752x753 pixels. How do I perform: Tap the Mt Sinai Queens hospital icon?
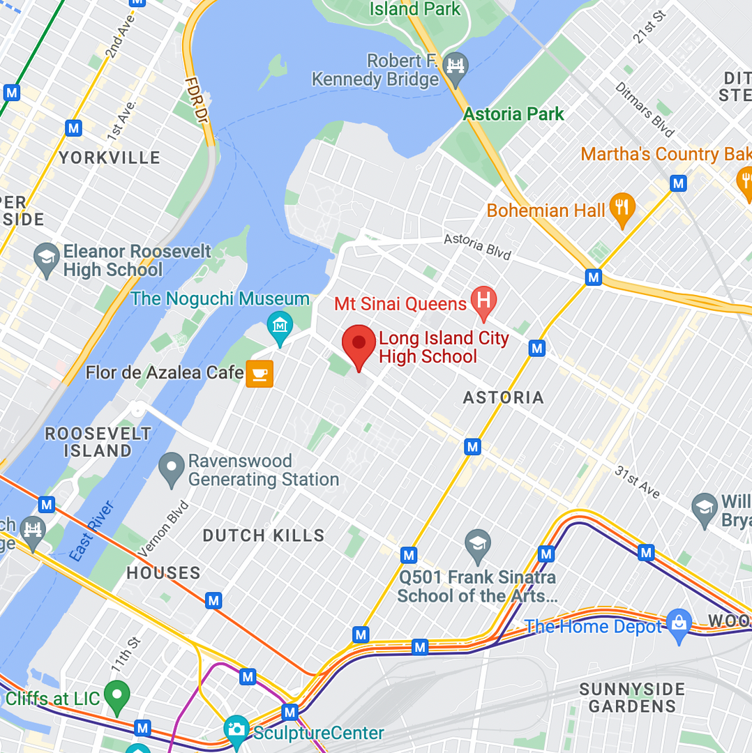point(483,301)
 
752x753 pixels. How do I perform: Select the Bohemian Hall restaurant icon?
point(622,208)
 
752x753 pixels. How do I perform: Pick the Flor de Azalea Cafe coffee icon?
point(260,374)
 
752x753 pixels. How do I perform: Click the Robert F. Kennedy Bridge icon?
point(456,66)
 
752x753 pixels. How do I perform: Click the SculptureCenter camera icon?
point(236,731)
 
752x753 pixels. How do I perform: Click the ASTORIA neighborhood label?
point(503,397)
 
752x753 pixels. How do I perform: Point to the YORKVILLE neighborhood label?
point(109,158)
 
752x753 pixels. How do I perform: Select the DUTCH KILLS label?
point(264,535)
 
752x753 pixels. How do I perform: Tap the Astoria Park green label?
point(513,114)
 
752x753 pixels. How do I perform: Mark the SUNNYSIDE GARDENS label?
point(632,697)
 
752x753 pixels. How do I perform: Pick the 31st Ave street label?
point(636,482)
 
